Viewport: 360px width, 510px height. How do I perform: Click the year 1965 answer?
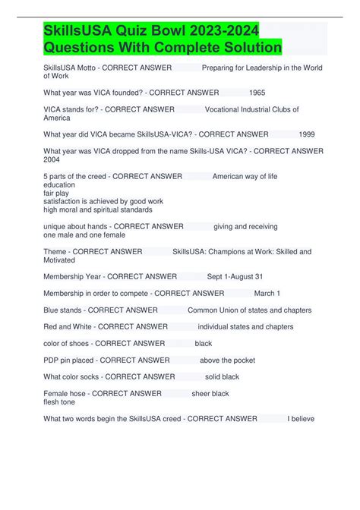pos(257,92)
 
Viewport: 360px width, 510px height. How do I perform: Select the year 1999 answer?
pos(307,134)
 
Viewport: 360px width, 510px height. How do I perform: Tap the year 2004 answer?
pos(52,159)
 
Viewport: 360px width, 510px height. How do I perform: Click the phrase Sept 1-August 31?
pos(235,276)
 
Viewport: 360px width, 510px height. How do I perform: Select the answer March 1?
pos(267,293)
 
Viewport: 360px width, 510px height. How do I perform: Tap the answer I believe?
pos(301,418)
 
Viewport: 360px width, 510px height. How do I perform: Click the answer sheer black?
pos(210,393)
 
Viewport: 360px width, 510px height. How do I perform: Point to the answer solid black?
pos(222,376)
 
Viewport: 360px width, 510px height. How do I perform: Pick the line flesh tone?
pos(59,401)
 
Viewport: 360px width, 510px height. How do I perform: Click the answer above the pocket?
pos(227,360)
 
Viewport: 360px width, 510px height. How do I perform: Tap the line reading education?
pos(59,184)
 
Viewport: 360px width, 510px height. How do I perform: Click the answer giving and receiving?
pos(245,226)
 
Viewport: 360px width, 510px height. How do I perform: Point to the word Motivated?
pos(59,260)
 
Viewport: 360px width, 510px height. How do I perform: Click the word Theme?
pos(55,251)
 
